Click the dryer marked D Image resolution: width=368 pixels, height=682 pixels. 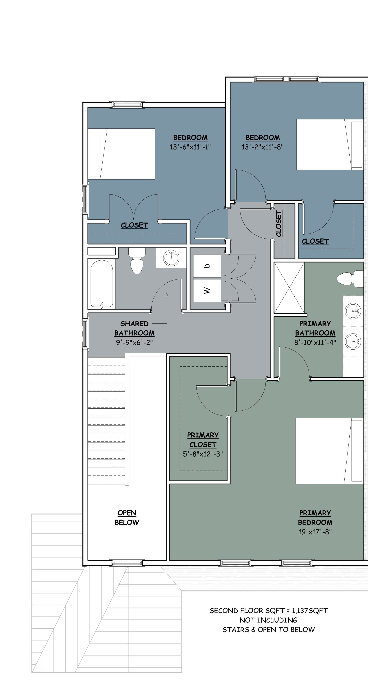tap(207, 266)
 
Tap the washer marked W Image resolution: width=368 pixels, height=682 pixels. tap(207, 291)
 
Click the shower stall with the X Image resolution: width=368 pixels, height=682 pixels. tap(289, 288)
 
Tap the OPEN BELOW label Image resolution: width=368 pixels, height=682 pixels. tap(127, 518)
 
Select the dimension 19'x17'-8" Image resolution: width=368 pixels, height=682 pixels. tap(315, 532)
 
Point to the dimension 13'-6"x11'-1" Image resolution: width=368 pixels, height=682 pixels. tap(190, 147)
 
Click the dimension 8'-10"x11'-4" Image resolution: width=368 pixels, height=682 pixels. tap(315, 342)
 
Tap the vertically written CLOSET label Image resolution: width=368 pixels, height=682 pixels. tap(279, 223)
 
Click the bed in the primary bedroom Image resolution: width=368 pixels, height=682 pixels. tap(329, 451)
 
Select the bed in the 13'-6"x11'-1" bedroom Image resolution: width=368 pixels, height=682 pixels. tap(122, 154)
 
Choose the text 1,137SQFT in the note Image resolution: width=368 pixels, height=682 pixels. tap(310, 611)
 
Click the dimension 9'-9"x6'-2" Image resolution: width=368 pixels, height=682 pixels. tap(134, 342)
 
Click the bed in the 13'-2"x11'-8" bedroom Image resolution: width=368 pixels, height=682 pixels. tap(330, 145)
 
